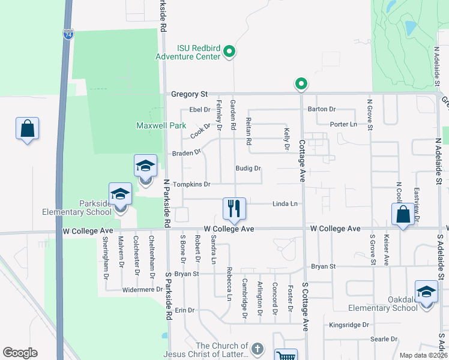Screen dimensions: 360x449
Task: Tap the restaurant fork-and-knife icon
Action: click(234, 208)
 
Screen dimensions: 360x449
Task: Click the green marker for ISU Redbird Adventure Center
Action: click(229, 53)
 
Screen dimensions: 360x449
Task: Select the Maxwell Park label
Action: click(161, 126)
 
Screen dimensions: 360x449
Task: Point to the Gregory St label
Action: click(188, 94)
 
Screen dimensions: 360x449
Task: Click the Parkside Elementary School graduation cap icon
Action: click(120, 194)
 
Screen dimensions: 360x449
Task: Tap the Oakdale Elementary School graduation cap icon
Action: click(426, 292)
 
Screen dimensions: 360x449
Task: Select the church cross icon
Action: click(257, 349)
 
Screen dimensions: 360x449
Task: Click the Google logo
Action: click(20, 353)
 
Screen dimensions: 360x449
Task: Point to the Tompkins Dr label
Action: click(191, 184)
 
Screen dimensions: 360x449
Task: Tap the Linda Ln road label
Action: click(285, 204)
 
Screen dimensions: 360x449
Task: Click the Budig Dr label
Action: click(248, 169)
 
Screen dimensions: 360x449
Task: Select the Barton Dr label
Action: click(322, 109)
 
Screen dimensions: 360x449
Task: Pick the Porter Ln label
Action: click(343, 124)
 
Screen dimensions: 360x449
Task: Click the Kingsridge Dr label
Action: click(348, 325)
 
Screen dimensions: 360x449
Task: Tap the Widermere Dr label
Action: click(143, 289)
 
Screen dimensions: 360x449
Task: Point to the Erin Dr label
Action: click(185, 310)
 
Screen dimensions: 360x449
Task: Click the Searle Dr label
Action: click(384, 339)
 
